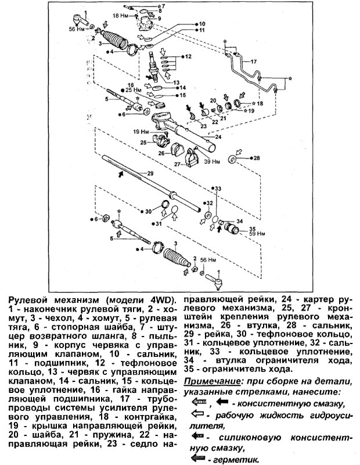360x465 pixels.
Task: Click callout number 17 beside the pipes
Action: click(x=253, y=61)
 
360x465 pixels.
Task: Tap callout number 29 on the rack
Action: click(x=150, y=174)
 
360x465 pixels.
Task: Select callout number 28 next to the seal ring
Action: click(x=257, y=158)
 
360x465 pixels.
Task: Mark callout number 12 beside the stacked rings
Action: click(x=188, y=56)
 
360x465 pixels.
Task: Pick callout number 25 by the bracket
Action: click(x=143, y=142)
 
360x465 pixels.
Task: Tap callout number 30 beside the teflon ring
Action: click(x=148, y=211)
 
